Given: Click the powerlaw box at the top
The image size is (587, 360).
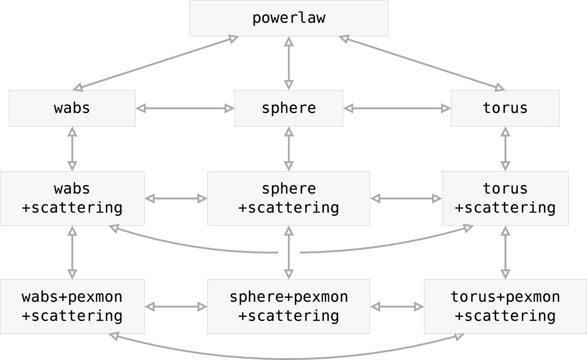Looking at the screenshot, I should [x=289, y=18].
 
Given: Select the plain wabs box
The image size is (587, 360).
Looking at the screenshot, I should [x=72, y=108].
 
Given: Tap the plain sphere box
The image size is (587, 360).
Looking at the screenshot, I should [x=289, y=108].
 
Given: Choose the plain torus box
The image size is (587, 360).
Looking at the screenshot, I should [x=505, y=108].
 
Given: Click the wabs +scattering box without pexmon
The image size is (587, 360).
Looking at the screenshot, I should [x=72, y=198].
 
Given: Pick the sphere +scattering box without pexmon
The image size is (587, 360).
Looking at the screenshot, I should [x=289, y=198].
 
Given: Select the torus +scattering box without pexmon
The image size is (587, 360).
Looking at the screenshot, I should [x=505, y=198].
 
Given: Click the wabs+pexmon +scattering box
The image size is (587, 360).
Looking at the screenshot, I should [x=72, y=306].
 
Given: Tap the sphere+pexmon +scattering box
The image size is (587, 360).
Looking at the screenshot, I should [x=289, y=306].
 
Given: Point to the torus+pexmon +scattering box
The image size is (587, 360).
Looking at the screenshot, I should [x=505, y=306].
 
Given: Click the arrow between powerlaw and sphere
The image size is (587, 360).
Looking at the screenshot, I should [x=289, y=63].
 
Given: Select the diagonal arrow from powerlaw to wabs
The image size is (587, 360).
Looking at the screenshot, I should [x=156, y=63].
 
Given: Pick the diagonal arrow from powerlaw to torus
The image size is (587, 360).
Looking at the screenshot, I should [x=422, y=63].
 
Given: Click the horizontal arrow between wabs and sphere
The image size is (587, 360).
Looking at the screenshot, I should [x=185, y=108].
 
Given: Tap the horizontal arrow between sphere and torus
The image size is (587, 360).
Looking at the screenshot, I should [x=397, y=108].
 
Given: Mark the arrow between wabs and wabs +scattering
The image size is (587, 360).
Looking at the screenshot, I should [x=72, y=149].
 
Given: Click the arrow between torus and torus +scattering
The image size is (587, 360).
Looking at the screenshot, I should [x=505, y=149].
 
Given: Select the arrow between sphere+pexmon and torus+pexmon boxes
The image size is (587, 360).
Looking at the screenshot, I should [x=397, y=306].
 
